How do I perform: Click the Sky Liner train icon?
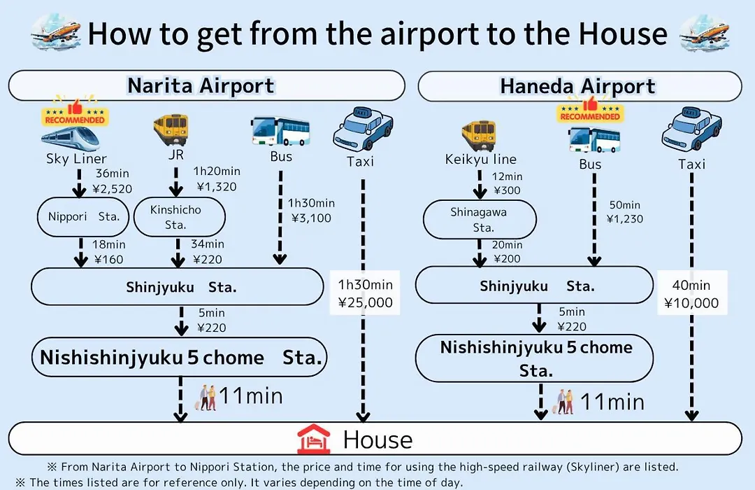click(x=71, y=139)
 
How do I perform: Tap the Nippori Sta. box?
click(x=83, y=216)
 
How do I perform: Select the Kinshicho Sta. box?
click(x=179, y=217)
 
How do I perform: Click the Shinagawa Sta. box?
click(x=480, y=219)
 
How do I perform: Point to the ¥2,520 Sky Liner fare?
click(x=112, y=189)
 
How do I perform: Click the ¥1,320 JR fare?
click(x=217, y=187)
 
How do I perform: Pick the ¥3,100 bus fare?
click(x=312, y=218)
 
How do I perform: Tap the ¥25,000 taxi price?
click(x=366, y=303)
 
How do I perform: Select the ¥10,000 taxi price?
click(x=691, y=303)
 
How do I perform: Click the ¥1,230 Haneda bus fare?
click(x=625, y=219)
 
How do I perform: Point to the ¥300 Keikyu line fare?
click(x=507, y=190)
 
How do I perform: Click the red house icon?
click(x=313, y=439)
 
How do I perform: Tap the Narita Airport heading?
click(x=201, y=86)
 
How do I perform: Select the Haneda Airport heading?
click(x=578, y=87)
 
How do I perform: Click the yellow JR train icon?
click(x=171, y=129)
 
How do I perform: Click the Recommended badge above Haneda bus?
click(x=590, y=110)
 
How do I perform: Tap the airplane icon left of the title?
click(x=55, y=33)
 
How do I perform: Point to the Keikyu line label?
click(x=480, y=160)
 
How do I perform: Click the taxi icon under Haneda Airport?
click(x=691, y=129)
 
